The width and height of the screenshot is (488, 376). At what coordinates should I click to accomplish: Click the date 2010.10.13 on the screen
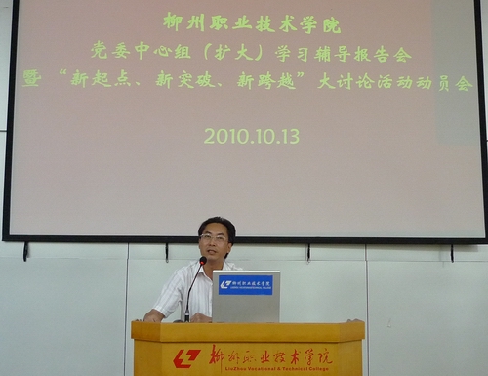tap(251, 137)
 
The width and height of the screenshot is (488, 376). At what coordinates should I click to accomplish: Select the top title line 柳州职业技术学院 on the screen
tap(252, 22)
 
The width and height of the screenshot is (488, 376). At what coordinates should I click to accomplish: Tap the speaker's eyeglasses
tap(214, 238)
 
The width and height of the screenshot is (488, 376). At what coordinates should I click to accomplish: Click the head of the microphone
tap(202, 261)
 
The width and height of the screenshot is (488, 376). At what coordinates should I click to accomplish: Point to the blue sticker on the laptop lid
tap(245, 285)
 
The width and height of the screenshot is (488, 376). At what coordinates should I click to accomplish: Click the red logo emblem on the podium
tap(186, 358)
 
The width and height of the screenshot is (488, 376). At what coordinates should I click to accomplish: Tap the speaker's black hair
tap(217, 224)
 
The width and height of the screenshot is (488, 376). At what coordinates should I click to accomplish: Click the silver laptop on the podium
tap(246, 297)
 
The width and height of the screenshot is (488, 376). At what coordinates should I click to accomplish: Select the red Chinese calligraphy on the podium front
tap(270, 355)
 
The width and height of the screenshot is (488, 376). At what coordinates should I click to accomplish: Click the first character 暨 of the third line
tap(32, 80)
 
